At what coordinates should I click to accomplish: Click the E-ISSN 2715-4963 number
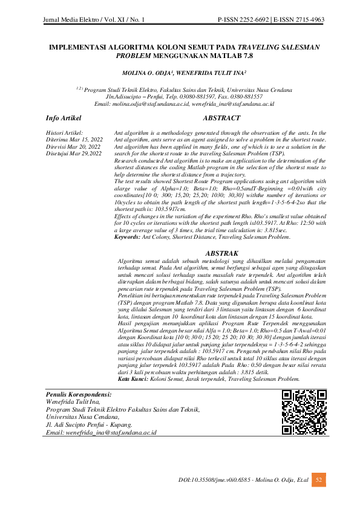pos(298,21)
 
